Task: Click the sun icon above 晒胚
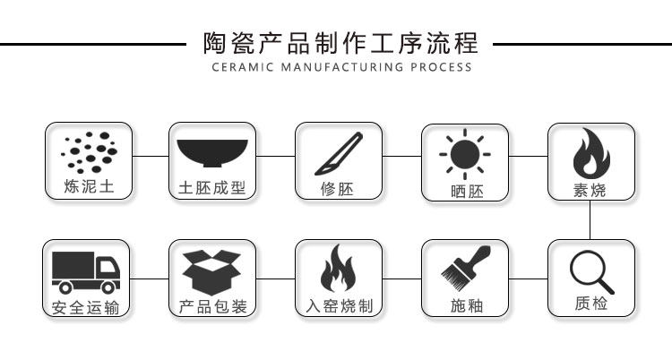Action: [464, 154]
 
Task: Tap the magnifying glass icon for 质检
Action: [591, 267]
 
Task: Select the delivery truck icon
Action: [87, 271]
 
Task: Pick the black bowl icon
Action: [212, 154]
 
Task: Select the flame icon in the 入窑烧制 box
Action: [338, 270]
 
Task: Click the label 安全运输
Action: [86, 307]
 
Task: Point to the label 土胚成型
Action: [212, 190]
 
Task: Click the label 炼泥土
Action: [88, 189]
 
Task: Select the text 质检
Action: [591, 304]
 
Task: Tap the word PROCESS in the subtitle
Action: [442, 67]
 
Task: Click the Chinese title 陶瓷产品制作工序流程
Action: [335, 43]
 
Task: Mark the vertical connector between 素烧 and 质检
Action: [591, 220]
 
